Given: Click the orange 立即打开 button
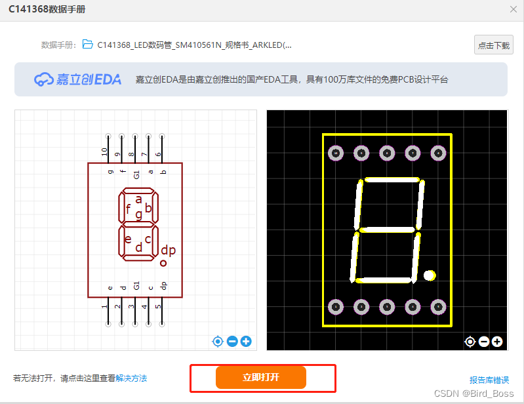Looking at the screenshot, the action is pyautogui.click(x=261, y=377).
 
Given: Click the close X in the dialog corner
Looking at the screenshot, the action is pyautogui.click(x=514, y=9).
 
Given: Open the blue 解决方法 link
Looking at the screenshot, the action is pyautogui.click(x=131, y=378).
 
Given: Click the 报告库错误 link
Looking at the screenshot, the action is pyautogui.click(x=489, y=380).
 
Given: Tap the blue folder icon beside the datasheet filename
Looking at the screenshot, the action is pyautogui.click(x=87, y=45).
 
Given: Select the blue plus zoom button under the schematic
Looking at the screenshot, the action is pyautogui.click(x=246, y=341).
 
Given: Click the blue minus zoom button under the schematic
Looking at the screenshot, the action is pyautogui.click(x=232, y=341).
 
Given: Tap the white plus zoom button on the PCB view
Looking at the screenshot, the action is pyautogui.click(x=497, y=341).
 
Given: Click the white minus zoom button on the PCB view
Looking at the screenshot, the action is pyautogui.click(x=484, y=341).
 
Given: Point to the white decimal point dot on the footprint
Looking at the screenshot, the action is pyautogui.click(x=430, y=275).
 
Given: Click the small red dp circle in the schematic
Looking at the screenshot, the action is pyautogui.click(x=163, y=263).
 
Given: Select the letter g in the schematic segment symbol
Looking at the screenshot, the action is pyautogui.click(x=138, y=214).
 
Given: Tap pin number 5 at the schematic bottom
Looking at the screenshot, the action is pyautogui.click(x=158, y=306).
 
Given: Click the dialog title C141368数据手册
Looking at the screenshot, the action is pyautogui.click(x=47, y=9).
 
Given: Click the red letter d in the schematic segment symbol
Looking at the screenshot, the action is pyautogui.click(x=138, y=247).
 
